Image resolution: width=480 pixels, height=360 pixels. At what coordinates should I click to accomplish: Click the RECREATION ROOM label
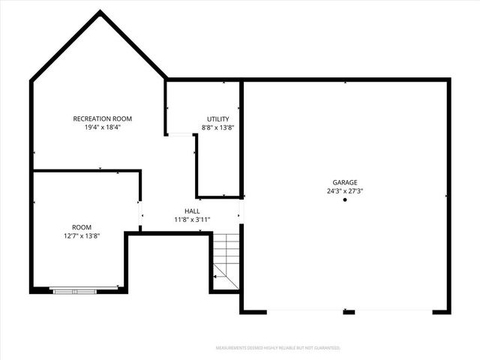point(102,118)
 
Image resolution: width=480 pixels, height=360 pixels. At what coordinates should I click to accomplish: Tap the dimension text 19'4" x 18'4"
point(102,127)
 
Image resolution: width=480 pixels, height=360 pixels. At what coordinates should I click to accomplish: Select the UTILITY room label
point(218,118)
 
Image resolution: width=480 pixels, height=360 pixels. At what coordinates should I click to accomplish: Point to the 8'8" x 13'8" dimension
point(218,127)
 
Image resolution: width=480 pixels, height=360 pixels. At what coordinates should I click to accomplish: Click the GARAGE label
point(345,182)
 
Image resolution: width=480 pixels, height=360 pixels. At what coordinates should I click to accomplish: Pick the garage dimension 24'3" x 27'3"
point(345,191)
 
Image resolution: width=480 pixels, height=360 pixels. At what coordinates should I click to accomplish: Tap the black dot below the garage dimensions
point(345,200)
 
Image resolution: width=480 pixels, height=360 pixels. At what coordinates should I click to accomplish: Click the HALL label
point(192,211)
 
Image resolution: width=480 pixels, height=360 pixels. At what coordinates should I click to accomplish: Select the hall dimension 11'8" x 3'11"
point(192,220)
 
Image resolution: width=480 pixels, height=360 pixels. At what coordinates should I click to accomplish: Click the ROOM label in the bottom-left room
point(81,226)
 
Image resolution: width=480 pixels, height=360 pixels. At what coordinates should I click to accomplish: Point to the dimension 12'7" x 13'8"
point(81,235)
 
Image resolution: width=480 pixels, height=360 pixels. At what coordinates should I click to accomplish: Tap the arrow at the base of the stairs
point(216,276)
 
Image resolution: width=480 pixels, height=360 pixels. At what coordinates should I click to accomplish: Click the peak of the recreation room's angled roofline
point(99,12)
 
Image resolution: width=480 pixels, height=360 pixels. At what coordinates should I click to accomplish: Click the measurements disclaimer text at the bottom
point(277,348)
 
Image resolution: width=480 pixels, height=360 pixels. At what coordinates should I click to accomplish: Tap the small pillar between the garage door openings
point(349,310)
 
